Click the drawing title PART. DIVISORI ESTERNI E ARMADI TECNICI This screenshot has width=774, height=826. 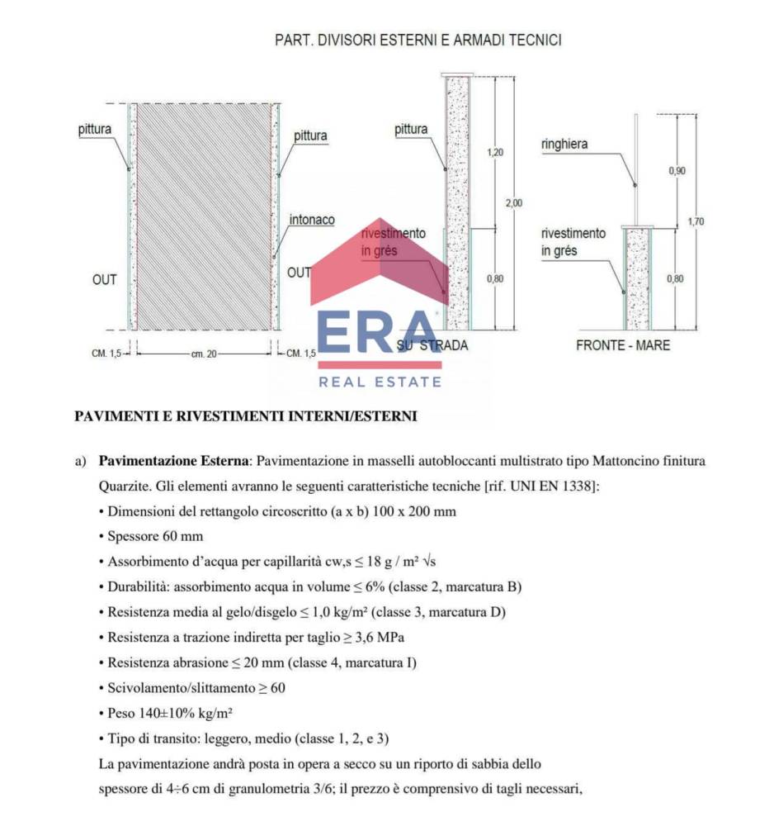418,40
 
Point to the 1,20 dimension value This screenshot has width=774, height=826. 495,153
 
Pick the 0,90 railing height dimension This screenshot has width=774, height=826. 676,170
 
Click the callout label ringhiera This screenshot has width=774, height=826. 564,145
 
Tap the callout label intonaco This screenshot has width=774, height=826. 312,221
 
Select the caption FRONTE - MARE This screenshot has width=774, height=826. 623,345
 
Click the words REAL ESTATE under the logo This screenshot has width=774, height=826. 380,382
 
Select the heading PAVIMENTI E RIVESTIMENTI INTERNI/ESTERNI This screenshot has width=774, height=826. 246,416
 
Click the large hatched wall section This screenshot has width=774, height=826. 204,216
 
